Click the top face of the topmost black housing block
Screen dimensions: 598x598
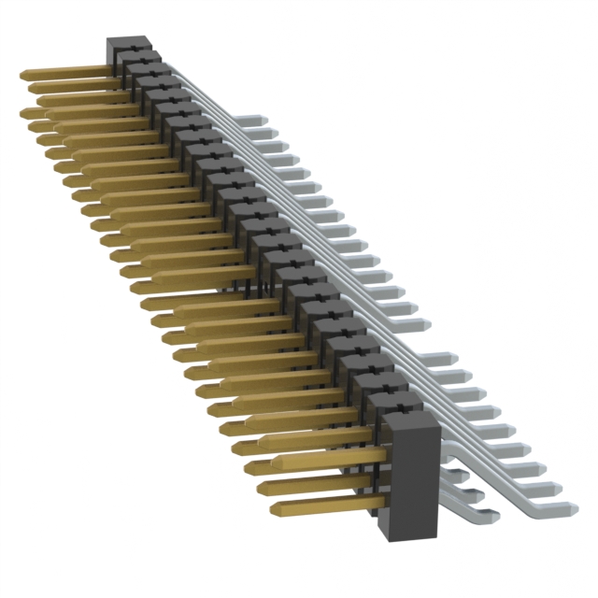click(x=127, y=44)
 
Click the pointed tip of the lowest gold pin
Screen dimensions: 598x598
click(x=274, y=510)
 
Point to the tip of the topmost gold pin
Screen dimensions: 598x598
click(x=22, y=74)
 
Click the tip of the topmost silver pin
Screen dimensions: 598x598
click(x=266, y=119)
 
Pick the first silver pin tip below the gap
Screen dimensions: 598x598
click(x=454, y=357)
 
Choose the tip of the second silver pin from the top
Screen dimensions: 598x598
click(x=272, y=134)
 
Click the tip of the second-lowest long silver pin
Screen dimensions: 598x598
click(x=562, y=487)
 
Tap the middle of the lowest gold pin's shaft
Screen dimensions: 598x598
click(x=327, y=505)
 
